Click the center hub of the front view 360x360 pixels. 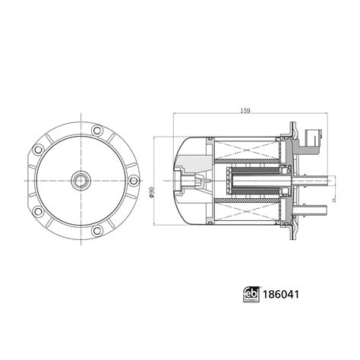(x=81, y=181)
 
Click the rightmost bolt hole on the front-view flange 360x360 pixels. (x=134, y=181)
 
